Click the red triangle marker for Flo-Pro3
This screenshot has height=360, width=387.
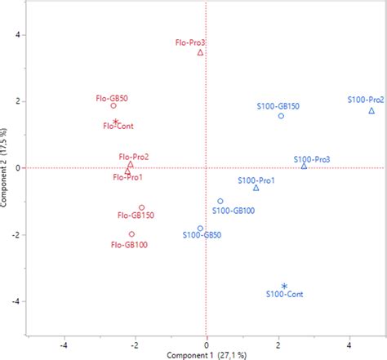tap(200, 52)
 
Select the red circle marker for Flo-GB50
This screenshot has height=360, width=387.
tap(113, 105)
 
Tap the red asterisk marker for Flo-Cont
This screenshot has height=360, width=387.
tap(116, 122)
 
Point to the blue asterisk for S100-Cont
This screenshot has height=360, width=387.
tap(284, 286)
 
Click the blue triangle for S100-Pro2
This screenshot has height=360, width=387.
tap(371, 110)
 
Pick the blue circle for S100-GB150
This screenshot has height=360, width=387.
tap(281, 116)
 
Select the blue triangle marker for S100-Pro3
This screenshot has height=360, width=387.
tap(304, 166)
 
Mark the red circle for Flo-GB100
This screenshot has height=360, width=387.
tap(131, 234)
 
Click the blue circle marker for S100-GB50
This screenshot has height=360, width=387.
tap(200, 229)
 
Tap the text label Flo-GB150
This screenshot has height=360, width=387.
tap(136, 216)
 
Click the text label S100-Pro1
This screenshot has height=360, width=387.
tap(256, 180)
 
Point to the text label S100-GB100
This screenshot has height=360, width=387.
tap(234, 211)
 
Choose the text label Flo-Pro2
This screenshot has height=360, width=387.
tap(133, 156)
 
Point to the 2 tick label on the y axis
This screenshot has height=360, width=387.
tap(18, 101)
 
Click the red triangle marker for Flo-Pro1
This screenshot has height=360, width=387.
tap(127, 171)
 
